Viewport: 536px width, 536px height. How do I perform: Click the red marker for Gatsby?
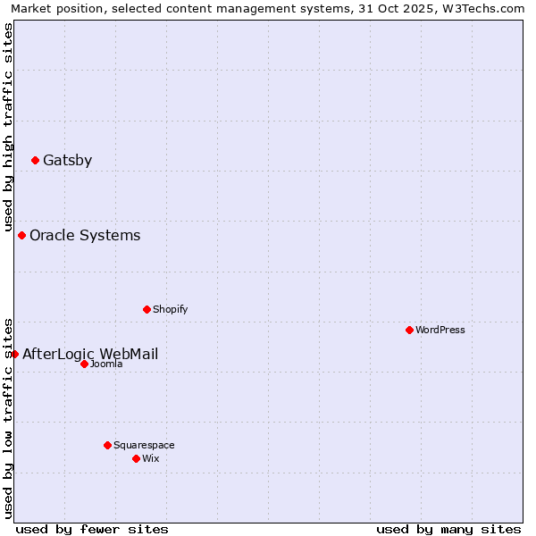(x=36, y=161)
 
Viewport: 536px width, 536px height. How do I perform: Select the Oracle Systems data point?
(x=22, y=236)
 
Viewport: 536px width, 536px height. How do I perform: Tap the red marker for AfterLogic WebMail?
(x=15, y=355)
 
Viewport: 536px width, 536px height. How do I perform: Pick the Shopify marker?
(x=147, y=310)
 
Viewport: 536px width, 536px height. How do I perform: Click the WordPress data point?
(x=410, y=331)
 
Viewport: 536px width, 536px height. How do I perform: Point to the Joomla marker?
(x=85, y=364)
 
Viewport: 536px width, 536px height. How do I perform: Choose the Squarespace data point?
(x=108, y=446)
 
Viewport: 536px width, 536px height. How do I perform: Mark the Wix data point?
(x=137, y=459)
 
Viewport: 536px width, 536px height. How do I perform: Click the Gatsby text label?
(x=67, y=161)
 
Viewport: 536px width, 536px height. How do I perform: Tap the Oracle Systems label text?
(x=85, y=236)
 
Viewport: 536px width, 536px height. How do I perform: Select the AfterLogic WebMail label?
(x=90, y=355)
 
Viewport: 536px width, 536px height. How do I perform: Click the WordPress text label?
(x=440, y=331)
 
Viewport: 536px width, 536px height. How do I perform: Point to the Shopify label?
(x=171, y=310)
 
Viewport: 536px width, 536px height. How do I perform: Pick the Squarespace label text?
(x=144, y=446)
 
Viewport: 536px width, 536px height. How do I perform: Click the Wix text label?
(x=151, y=459)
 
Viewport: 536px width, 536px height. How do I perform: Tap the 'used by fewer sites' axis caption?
(x=92, y=530)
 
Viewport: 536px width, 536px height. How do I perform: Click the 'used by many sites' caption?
(x=448, y=530)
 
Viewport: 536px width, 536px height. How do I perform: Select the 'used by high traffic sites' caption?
(x=8, y=127)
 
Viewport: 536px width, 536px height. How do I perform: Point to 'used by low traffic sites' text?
(x=8, y=417)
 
